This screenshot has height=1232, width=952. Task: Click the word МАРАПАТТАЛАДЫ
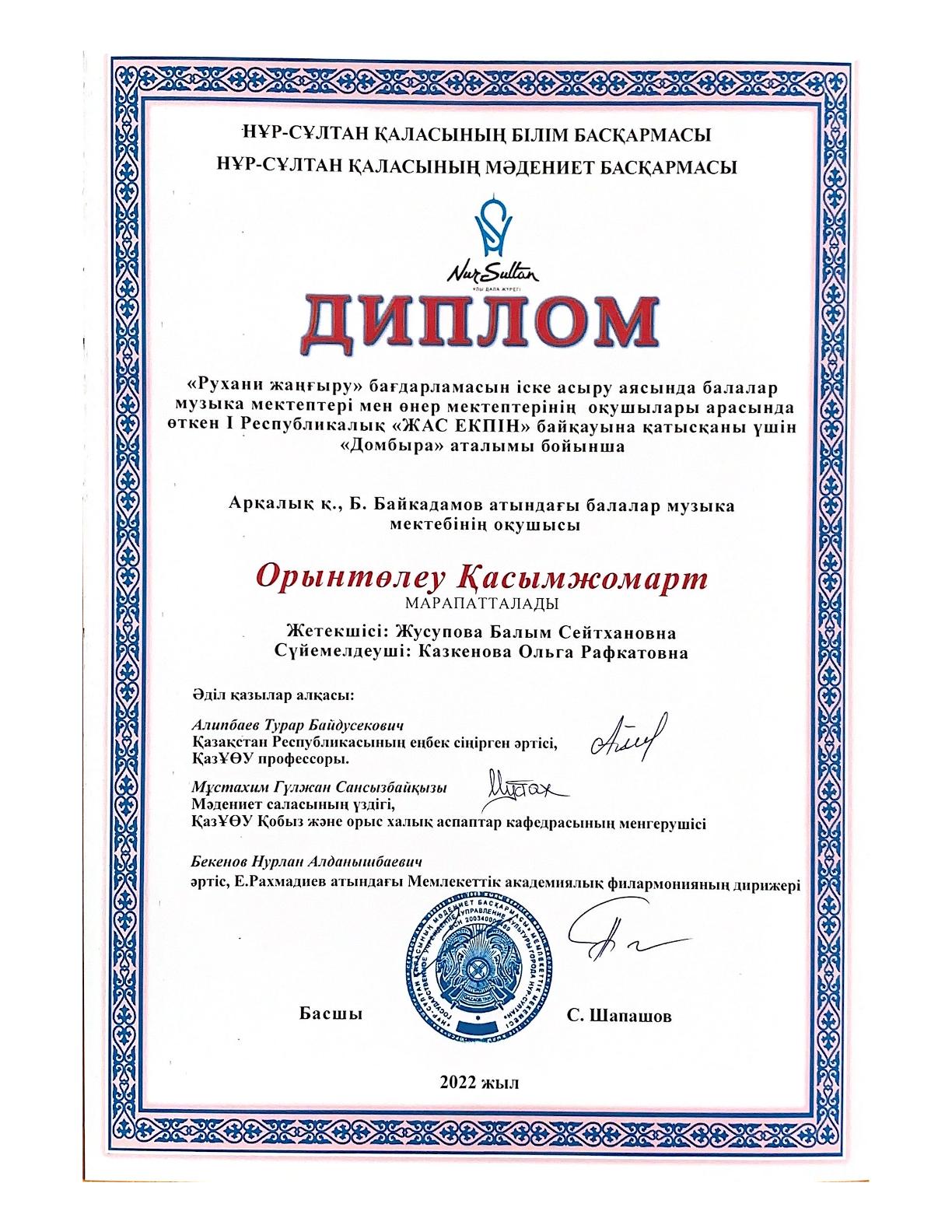coord(480,603)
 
